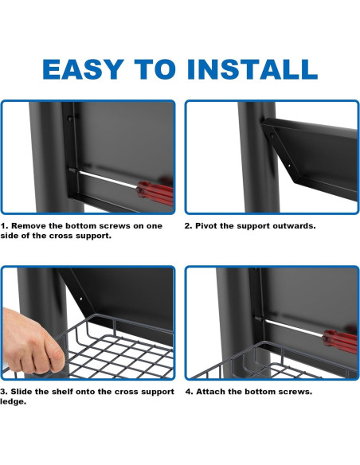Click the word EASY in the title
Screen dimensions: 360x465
[83, 69]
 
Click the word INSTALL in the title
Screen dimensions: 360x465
[252, 69]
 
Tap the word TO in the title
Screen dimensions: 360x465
[155, 69]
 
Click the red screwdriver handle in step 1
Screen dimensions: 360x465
[155, 193]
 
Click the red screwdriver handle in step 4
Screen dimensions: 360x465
[340, 342]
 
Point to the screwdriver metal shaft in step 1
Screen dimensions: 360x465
[108, 180]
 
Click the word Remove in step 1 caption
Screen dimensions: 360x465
[29, 226]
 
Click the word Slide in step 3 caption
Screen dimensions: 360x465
[21, 392]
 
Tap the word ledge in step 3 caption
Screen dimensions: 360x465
[13, 402]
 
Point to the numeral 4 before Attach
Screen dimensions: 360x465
[189, 392]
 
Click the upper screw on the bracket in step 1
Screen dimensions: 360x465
[70, 119]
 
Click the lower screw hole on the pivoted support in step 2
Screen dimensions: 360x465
[289, 166]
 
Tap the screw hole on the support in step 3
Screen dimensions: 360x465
[80, 298]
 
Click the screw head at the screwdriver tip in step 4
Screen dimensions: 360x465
[258, 318]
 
